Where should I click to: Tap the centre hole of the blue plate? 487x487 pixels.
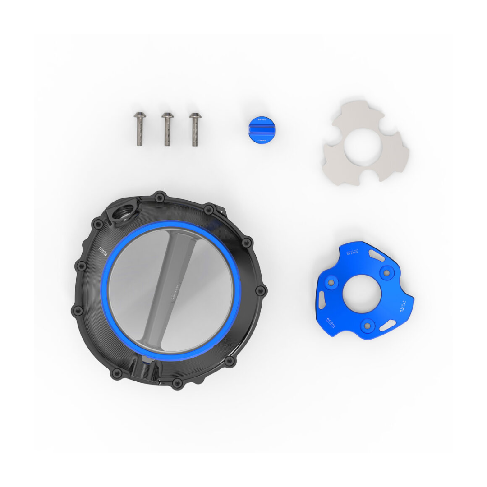point(362,295)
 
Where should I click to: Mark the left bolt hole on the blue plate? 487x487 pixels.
point(332,283)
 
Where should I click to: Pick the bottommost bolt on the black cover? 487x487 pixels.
point(177,384)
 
